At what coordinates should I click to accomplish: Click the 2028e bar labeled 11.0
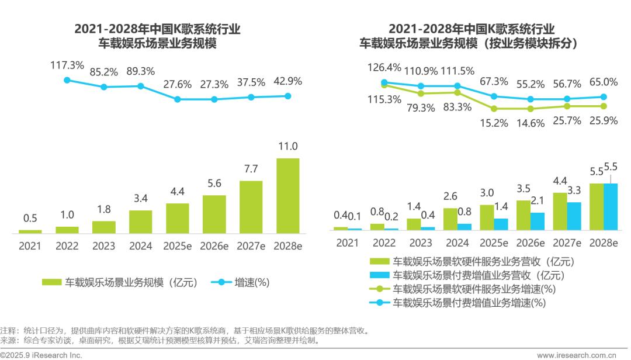coord(287,196)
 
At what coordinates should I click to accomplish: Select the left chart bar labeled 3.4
coord(140,222)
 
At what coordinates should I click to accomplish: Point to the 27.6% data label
coord(177,84)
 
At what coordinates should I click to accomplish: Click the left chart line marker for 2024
coord(140,86)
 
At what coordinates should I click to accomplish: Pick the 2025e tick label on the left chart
coord(177,246)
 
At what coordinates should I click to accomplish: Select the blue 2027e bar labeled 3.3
coord(574,216)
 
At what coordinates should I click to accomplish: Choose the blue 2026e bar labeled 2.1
coord(538,221)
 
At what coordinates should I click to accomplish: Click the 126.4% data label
coord(384,67)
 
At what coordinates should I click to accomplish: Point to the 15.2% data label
coord(494,123)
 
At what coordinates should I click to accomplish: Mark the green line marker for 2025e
coord(494,109)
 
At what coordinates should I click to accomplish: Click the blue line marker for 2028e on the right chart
coord(604,97)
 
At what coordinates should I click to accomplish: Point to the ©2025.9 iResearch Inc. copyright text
coord(41,355)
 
